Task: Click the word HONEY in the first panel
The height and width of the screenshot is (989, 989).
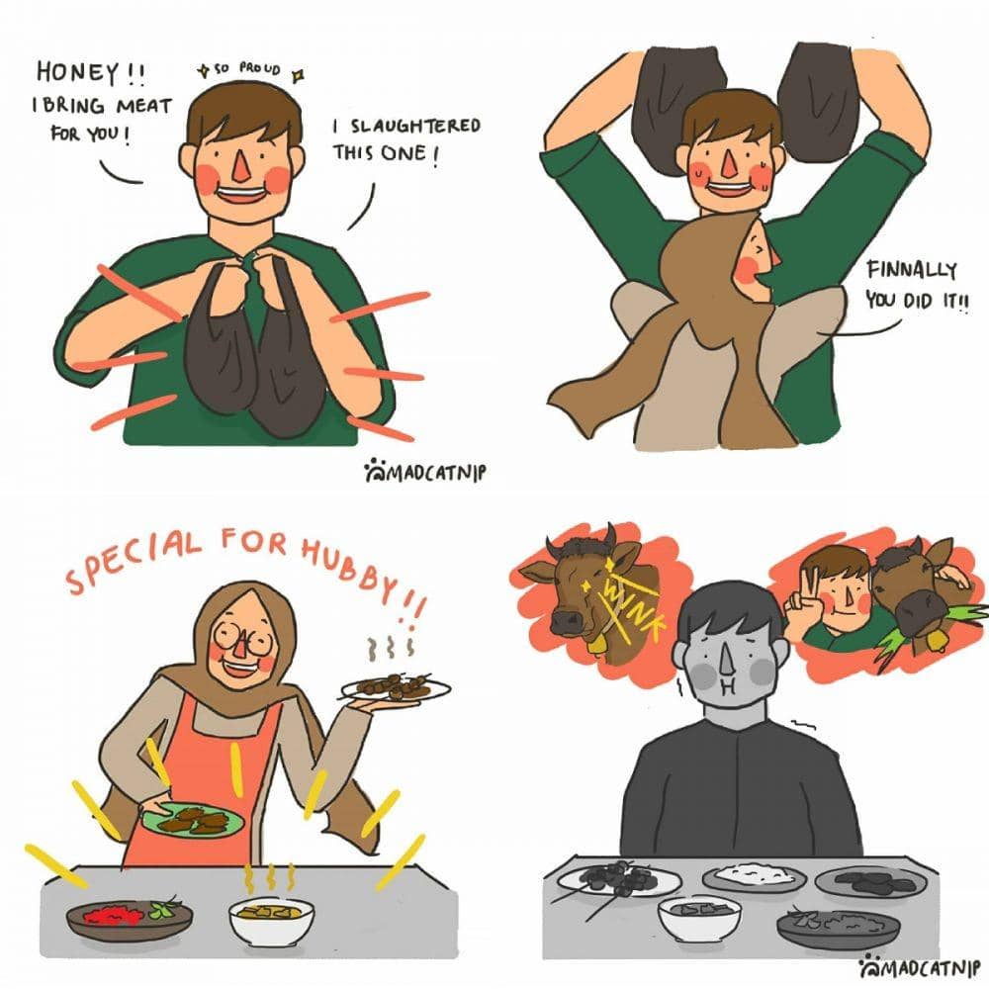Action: (77, 72)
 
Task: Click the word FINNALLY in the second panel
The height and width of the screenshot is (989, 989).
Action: (912, 270)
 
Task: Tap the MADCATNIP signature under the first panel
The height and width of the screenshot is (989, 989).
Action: (425, 472)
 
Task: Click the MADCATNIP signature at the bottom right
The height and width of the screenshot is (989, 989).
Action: (920, 967)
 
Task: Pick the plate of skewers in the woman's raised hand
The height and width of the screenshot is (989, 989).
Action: (397, 688)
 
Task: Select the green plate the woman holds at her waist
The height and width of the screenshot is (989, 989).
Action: (193, 820)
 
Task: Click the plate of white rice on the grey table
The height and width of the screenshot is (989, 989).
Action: (754, 876)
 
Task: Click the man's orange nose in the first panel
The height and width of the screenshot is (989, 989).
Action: (240, 164)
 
